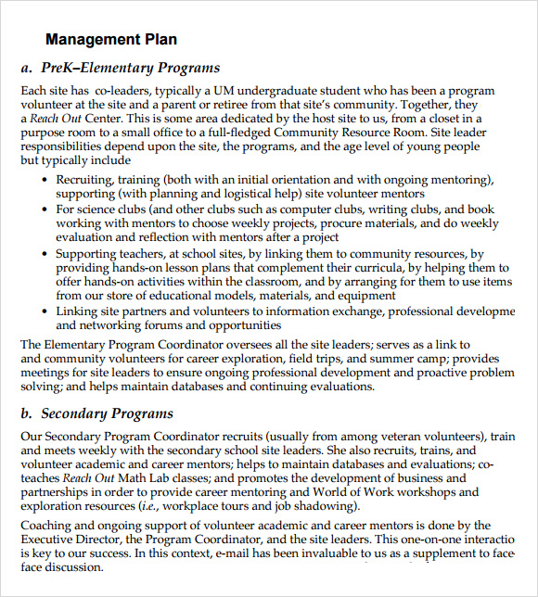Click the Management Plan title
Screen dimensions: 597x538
111,39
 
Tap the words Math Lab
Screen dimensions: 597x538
148,477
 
